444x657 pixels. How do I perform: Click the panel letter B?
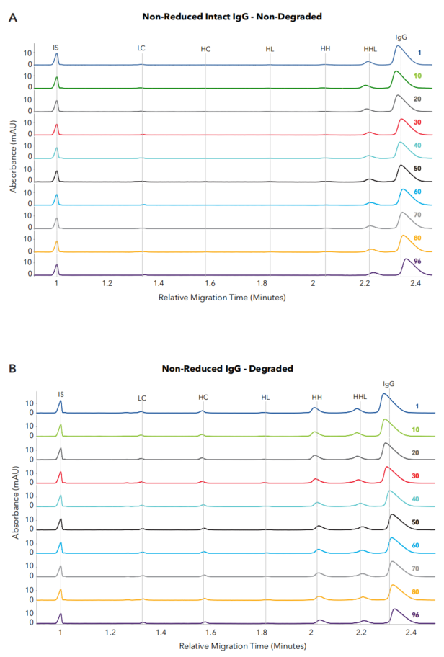click(12, 369)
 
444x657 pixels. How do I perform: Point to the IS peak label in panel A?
click(55, 48)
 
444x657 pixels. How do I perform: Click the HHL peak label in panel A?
click(370, 48)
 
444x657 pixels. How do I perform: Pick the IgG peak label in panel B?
click(388, 385)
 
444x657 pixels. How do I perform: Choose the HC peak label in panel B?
click(203, 397)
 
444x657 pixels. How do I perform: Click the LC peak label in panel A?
click(141, 48)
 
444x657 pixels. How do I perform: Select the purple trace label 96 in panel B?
click(416, 614)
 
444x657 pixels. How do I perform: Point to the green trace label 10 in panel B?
click(416, 429)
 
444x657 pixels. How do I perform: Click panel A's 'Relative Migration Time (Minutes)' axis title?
click(223, 297)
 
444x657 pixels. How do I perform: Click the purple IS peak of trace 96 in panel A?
click(56, 267)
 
